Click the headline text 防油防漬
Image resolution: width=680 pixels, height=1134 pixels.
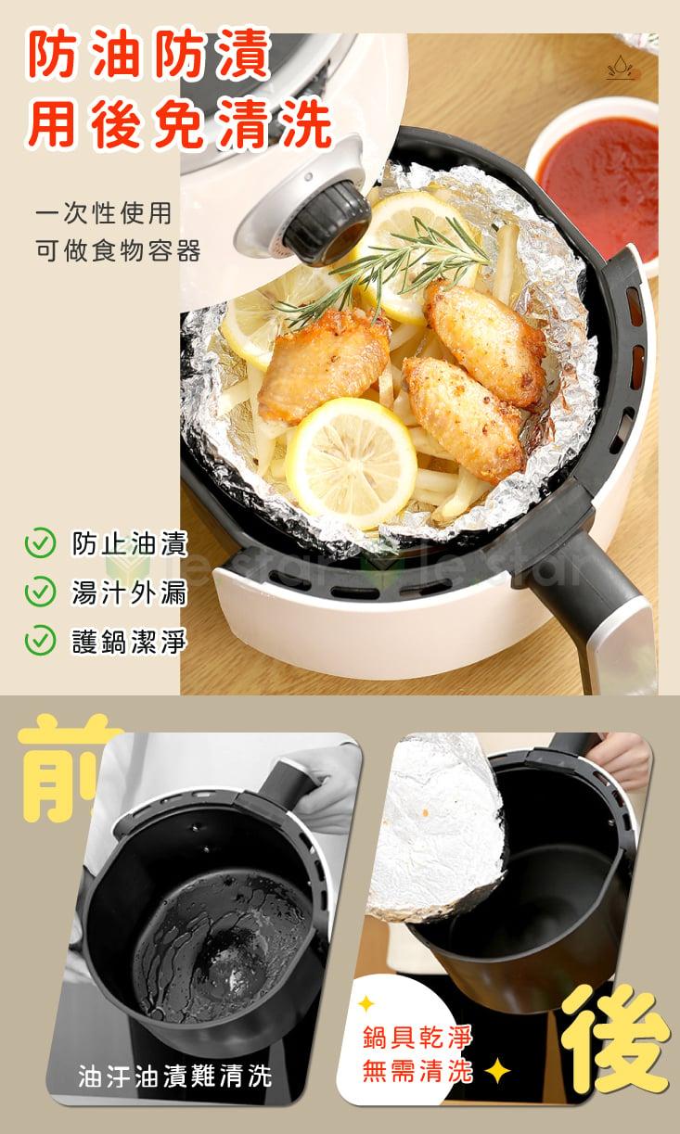148,54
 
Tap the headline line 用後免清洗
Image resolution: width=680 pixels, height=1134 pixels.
179,123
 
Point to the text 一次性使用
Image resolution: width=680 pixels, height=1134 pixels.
104,212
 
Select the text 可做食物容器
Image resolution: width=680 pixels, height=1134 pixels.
119,250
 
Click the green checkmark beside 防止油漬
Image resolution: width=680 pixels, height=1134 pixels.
40,542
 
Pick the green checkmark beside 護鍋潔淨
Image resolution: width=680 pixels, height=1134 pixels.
40,640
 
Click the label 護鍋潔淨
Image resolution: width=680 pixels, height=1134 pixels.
129,641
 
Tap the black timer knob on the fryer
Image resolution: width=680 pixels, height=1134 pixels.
325,222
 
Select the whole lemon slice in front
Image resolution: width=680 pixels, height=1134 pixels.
352,464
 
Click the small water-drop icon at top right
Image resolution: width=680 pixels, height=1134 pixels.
622,68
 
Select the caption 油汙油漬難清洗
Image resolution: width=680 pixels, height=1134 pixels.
175,1076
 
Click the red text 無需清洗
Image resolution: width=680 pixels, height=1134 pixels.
417,1071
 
